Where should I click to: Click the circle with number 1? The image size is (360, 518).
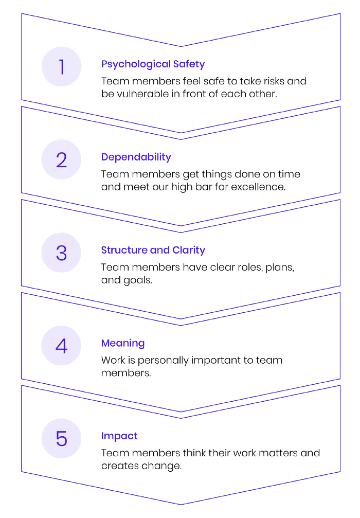click(61, 67)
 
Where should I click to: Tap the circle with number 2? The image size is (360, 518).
click(61, 159)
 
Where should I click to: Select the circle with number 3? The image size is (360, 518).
click(61, 253)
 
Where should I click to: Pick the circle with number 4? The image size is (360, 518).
click(61, 346)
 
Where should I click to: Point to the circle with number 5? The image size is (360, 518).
click(61, 438)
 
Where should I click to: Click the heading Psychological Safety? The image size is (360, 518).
click(153, 64)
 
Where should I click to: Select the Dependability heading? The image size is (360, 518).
click(136, 157)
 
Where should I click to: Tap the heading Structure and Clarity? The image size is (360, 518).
click(153, 250)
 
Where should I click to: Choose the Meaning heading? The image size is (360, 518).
click(123, 344)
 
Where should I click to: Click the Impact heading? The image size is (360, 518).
click(119, 436)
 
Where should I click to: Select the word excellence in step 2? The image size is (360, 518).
click(258, 187)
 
